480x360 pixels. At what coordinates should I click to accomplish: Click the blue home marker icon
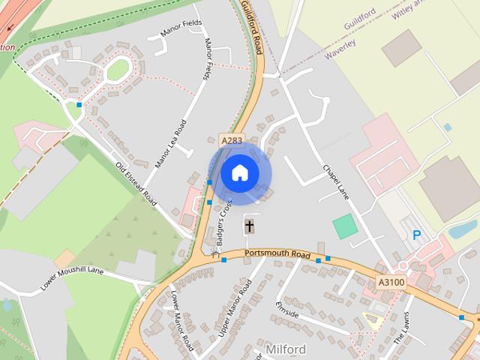tap(239, 173)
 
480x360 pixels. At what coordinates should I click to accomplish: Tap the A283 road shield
tap(231, 140)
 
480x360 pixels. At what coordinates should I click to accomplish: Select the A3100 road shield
tap(390, 282)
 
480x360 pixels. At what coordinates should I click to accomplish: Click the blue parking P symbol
tap(416, 235)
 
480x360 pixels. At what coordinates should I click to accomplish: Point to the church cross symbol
tap(249, 225)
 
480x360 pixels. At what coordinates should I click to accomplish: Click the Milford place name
tap(285, 349)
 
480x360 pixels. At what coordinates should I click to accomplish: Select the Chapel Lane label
tap(336, 182)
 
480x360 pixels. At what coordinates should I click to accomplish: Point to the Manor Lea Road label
tap(169, 143)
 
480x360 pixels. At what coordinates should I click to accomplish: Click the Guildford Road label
tap(253, 27)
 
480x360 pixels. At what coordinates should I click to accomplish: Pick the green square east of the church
tap(345, 226)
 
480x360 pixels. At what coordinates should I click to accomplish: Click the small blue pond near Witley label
tap(448, 127)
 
